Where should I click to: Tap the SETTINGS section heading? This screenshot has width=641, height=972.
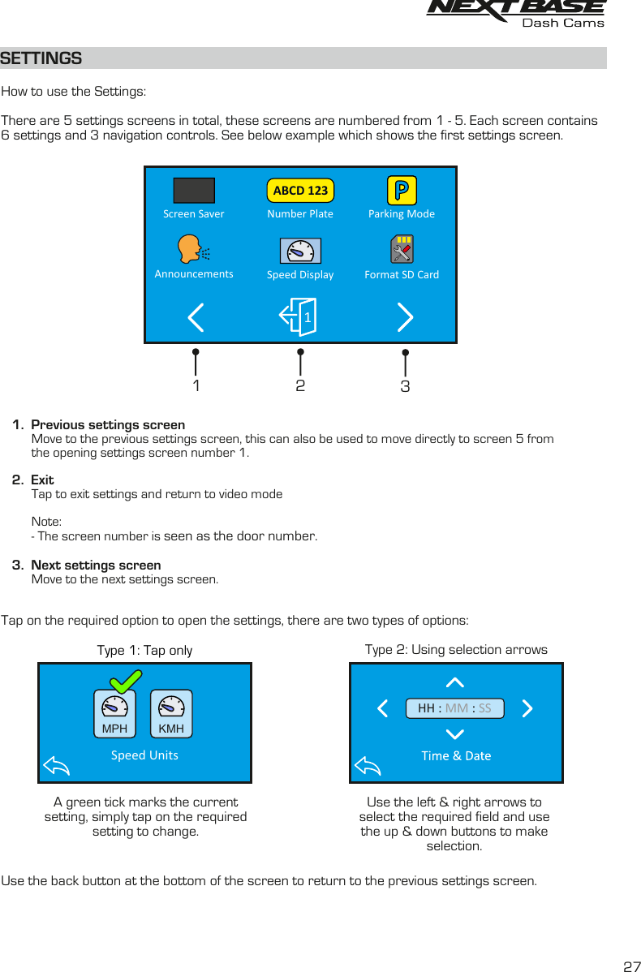tap(41, 58)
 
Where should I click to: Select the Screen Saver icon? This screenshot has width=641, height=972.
tap(194, 190)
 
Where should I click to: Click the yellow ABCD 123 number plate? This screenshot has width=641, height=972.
tap(300, 191)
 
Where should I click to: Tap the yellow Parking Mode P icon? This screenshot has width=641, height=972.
tap(402, 191)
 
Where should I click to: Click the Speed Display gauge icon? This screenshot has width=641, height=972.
tap(300, 251)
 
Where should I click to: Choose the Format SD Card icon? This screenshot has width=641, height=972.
tap(402, 250)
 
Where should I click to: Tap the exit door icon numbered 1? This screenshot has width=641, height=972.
tap(299, 316)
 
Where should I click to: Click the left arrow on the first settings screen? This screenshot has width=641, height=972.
tap(196, 317)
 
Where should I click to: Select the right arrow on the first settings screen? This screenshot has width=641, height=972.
tap(406, 317)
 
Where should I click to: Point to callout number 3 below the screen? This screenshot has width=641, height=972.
tap(405, 387)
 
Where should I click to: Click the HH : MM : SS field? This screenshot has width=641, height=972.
tap(454, 708)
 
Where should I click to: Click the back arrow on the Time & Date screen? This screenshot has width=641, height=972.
tap(368, 764)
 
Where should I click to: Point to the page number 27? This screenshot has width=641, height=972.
tap(630, 966)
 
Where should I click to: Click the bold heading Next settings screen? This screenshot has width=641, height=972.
tap(96, 565)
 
